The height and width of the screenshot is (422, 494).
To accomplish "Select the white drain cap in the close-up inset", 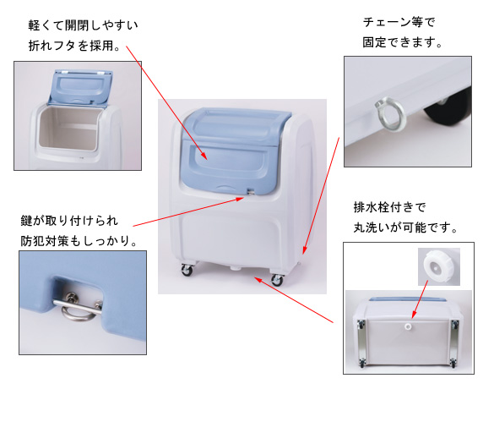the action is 436,266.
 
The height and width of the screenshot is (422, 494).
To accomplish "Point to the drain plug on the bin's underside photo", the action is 408,326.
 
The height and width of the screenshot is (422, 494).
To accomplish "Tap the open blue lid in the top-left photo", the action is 80,87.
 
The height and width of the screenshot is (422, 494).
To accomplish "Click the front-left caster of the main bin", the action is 187,270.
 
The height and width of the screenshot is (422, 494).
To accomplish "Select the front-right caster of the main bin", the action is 277,279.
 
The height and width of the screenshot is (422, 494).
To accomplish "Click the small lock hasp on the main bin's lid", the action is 251,191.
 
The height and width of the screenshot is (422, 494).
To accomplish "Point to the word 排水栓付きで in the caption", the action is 389,207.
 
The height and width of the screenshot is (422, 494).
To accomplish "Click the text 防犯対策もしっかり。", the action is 79,240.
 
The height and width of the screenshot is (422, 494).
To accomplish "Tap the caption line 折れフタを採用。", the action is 74,46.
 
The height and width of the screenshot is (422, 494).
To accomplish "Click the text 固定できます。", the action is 402,42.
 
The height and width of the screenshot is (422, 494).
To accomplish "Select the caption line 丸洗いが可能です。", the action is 405,227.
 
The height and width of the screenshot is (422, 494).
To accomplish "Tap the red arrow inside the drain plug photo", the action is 420,299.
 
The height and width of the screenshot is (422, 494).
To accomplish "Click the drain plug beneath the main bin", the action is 234,267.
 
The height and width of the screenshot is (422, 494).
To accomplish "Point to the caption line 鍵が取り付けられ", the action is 69,221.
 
